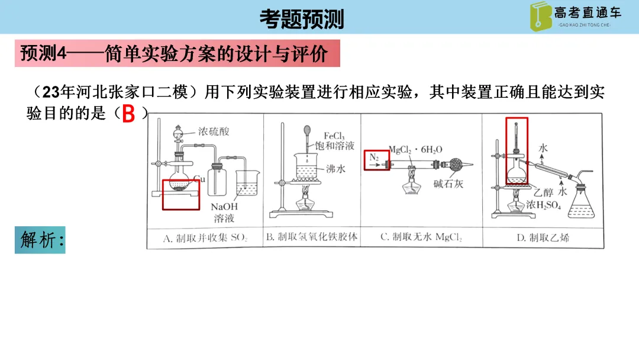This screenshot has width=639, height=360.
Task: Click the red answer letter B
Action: click(x=128, y=114)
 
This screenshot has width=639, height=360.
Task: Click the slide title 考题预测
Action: click(x=302, y=19)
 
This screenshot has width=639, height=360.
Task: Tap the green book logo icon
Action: click(x=540, y=17)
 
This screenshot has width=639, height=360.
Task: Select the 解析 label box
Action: click(x=40, y=240)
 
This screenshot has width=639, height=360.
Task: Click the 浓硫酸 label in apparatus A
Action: click(x=214, y=131)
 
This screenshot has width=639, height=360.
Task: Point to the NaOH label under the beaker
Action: click(x=224, y=207)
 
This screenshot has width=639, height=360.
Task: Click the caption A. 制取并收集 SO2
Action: click(x=205, y=238)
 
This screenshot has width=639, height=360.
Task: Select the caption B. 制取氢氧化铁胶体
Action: click(x=312, y=237)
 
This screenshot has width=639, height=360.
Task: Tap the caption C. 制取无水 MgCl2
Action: click(x=421, y=237)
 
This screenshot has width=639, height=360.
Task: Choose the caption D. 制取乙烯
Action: click(x=543, y=237)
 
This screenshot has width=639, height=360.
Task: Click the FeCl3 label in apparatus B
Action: click(x=334, y=136)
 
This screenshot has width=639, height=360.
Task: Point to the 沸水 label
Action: click(x=335, y=168)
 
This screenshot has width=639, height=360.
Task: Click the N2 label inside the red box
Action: click(x=374, y=157)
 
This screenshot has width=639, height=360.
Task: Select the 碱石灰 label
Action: click(x=448, y=184)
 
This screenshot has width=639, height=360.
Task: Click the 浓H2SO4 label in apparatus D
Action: click(x=543, y=205)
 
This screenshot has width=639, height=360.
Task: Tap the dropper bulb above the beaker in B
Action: click(x=307, y=131)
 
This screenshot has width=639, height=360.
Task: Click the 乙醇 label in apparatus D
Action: click(x=543, y=193)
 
